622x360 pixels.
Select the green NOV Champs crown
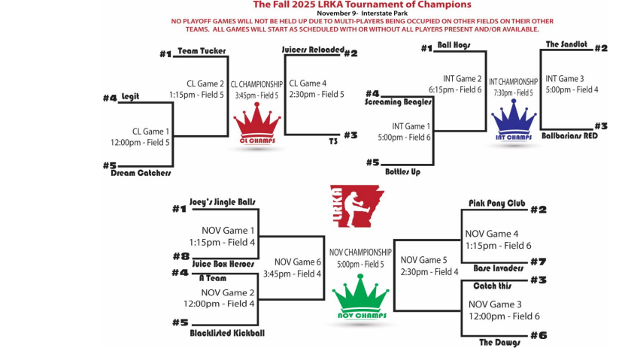tap(360, 298)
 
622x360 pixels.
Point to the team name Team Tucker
tap(202, 50)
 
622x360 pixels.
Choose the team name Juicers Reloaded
tap(311, 50)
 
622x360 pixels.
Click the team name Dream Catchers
tap(141, 172)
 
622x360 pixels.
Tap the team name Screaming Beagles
tap(398, 101)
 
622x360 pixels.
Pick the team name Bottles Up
tap(402, 171)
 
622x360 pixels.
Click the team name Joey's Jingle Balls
tap(223, 202)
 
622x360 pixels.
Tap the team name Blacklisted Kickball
tap(227, 332)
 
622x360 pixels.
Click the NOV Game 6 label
tap(299, 262)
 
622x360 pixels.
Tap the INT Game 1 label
tap(411, 126)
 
